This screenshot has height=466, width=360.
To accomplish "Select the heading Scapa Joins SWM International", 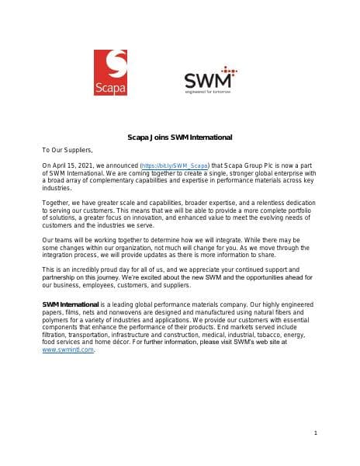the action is coord(179,137).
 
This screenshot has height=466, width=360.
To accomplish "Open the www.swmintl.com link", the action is coord(68,350).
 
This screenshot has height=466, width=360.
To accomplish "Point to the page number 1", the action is coord(317,432).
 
